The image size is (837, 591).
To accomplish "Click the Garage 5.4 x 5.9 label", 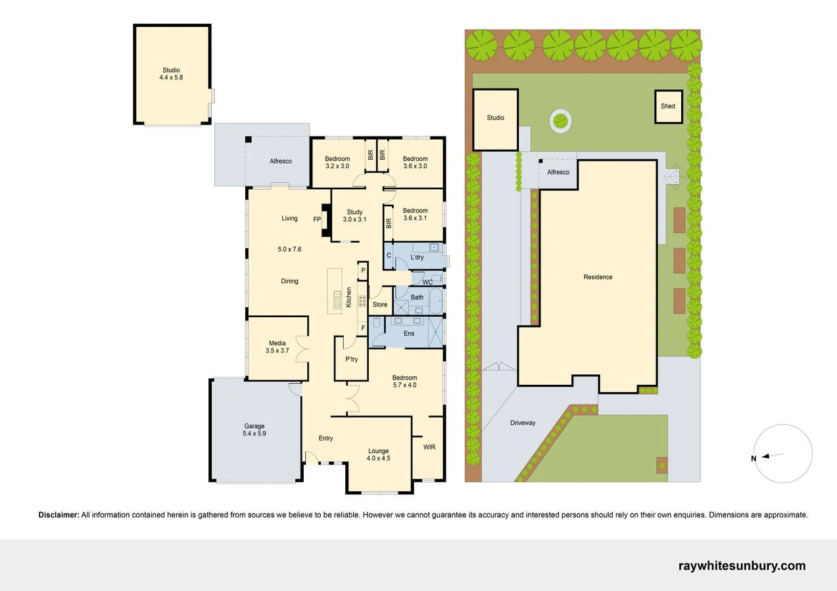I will (x=254, y=430).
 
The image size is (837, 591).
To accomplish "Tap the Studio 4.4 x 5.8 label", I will (x=171, y=74).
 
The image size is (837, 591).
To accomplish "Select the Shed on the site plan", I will (x=668, y=106).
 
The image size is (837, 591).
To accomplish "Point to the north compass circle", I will (x=784, y=454).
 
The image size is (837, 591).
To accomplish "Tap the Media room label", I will (x=277, y=347).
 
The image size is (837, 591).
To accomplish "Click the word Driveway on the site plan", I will (x=523, y=423).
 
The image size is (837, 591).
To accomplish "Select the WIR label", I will (x=429, y=447).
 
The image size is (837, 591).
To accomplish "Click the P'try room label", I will (x=351, y=359).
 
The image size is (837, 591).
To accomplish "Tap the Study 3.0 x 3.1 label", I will (x=354, y=215).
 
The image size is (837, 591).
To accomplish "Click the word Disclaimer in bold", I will (x=59, y=515).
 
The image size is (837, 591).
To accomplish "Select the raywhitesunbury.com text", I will (x=742, y=566).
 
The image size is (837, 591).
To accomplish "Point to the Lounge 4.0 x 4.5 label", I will (x=378, y=454).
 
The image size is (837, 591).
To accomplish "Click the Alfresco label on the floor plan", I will (x=281, y=161).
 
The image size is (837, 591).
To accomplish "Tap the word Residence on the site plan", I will (x=598, y=277).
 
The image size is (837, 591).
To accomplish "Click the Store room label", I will (x=380, y=305).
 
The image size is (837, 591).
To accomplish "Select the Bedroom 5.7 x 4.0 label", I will (x=404, y=382).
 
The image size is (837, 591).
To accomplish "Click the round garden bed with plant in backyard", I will (x=560, y=121).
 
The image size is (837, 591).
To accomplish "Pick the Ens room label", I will (x=409, y=334).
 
